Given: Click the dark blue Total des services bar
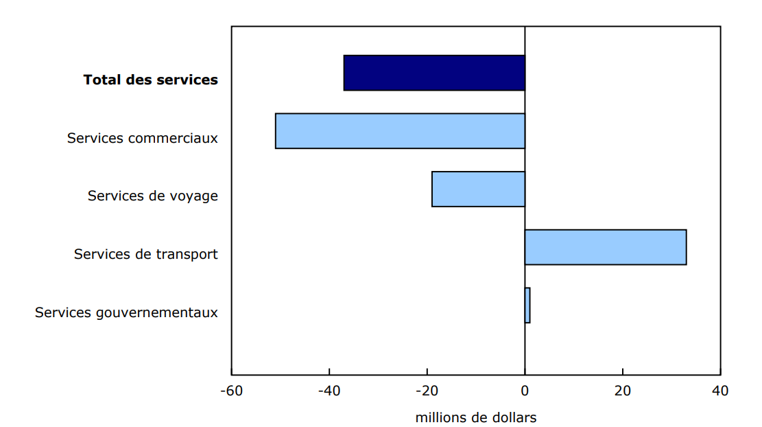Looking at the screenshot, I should coord(434,73).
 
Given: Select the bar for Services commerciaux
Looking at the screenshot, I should coord(400,131).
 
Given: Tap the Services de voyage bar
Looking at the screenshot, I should coord(478,189).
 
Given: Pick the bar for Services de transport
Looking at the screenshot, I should coord(605,247).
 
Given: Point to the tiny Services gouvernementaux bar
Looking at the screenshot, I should coord(527,305).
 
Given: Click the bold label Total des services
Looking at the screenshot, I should coord(150,80).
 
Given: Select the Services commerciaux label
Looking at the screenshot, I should coord(142,138).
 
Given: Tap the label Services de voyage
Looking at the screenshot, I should coord(152,196).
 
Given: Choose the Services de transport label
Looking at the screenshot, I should coord(145,255).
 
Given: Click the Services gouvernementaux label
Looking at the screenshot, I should coord(126,313).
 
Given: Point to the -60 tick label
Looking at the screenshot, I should coord(231,391).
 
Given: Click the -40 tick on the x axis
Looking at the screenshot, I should coord(329,391).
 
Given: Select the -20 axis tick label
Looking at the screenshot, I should coord(427,391).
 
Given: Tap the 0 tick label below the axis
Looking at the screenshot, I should coord(525,391).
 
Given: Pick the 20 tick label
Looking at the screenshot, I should coord(622,391).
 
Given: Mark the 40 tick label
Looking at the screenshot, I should coord(720,391).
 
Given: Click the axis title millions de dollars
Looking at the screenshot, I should coord(475,417).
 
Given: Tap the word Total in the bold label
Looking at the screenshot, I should coord(102,80).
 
